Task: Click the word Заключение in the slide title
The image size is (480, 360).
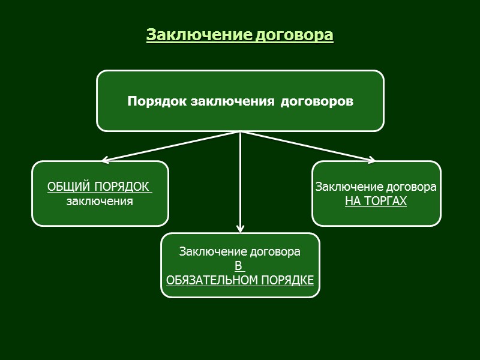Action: pos(200,35)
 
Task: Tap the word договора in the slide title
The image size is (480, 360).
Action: pos(295,35)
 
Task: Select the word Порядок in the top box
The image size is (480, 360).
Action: pos(157,101)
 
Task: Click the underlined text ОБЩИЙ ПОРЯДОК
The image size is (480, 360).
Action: pos(99,187)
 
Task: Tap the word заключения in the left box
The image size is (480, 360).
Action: pos(100,201)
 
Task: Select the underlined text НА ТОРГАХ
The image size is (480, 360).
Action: pos(376,201)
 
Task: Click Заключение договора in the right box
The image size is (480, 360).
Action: pos(376,187)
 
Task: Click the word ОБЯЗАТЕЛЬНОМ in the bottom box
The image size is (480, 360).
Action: pos(213,280)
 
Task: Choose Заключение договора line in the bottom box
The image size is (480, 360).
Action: pos(240,252)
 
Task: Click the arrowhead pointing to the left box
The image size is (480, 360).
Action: pos(104,160)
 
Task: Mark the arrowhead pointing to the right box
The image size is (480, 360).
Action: pos(373,160)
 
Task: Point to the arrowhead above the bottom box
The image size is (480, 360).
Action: pos(240,229)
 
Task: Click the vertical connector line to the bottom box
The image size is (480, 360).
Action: pos(240,180)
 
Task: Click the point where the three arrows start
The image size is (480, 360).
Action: pos(240,131)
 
